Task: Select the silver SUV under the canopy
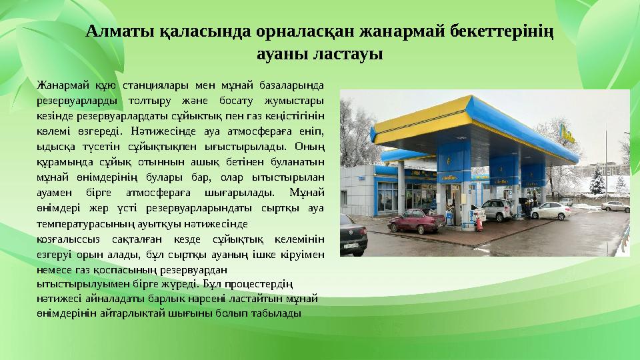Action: coord(498,209)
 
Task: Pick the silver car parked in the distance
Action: coord(614,206)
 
